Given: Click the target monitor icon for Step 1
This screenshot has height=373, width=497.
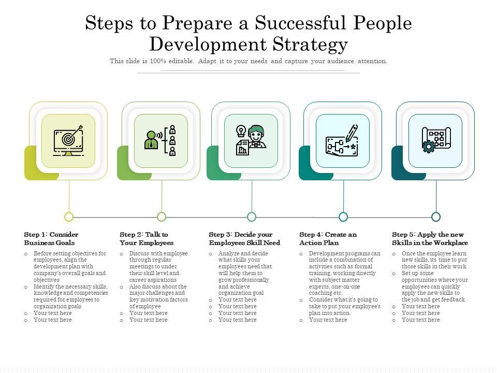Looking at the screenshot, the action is coord(68,140).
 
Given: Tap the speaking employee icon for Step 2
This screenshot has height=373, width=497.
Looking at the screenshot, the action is coord(161,140).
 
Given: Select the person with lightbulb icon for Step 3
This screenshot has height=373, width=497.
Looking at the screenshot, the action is coord(251,140).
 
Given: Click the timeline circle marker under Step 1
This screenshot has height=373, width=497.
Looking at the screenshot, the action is coord(69,217).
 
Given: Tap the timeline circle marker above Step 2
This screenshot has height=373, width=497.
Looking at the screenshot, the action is coord(162,217).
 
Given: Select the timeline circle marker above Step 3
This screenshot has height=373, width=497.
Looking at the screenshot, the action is coord(252,217).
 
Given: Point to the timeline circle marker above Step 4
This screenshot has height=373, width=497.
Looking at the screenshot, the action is coord(343,217).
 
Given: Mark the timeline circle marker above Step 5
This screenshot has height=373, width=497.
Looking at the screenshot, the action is coord(436,217).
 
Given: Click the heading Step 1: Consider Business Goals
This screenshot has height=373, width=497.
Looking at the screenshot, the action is coord(51,238).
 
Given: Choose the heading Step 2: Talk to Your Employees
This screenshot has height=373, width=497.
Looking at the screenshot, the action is coord(146,238).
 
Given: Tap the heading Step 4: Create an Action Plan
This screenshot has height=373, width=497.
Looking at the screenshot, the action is coord(328,238).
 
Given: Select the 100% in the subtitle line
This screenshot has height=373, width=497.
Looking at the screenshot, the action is coord(157,61).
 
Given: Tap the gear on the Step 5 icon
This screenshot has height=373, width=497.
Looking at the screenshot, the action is coord(428,147).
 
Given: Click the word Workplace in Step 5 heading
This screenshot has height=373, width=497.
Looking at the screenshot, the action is coord(452,242).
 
